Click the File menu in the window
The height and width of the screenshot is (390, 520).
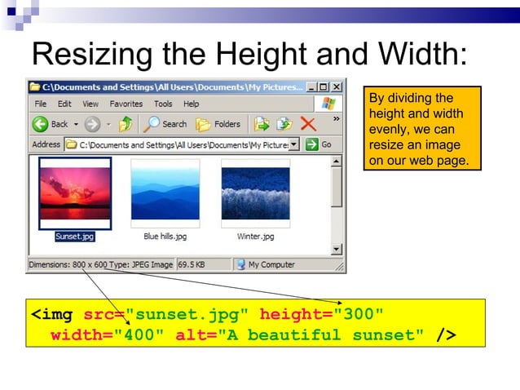(x=40, y=104)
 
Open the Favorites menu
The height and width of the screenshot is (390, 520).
(x=126, y=104)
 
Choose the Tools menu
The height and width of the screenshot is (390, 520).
(x=163, y=104)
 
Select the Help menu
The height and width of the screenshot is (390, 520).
(x=191, y=104)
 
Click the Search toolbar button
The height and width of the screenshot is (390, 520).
(x=165, y=124)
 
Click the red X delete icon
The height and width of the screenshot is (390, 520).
(x=308, y=124)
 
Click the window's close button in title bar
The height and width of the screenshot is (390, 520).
(x=338, y=86)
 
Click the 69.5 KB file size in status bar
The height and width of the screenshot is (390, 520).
(x=192, y=264)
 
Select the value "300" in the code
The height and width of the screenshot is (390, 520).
(x=359, y=314)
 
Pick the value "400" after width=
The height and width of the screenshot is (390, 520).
(x=143, y=335)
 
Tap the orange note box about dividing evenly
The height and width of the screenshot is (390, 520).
(x=421, y=129)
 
